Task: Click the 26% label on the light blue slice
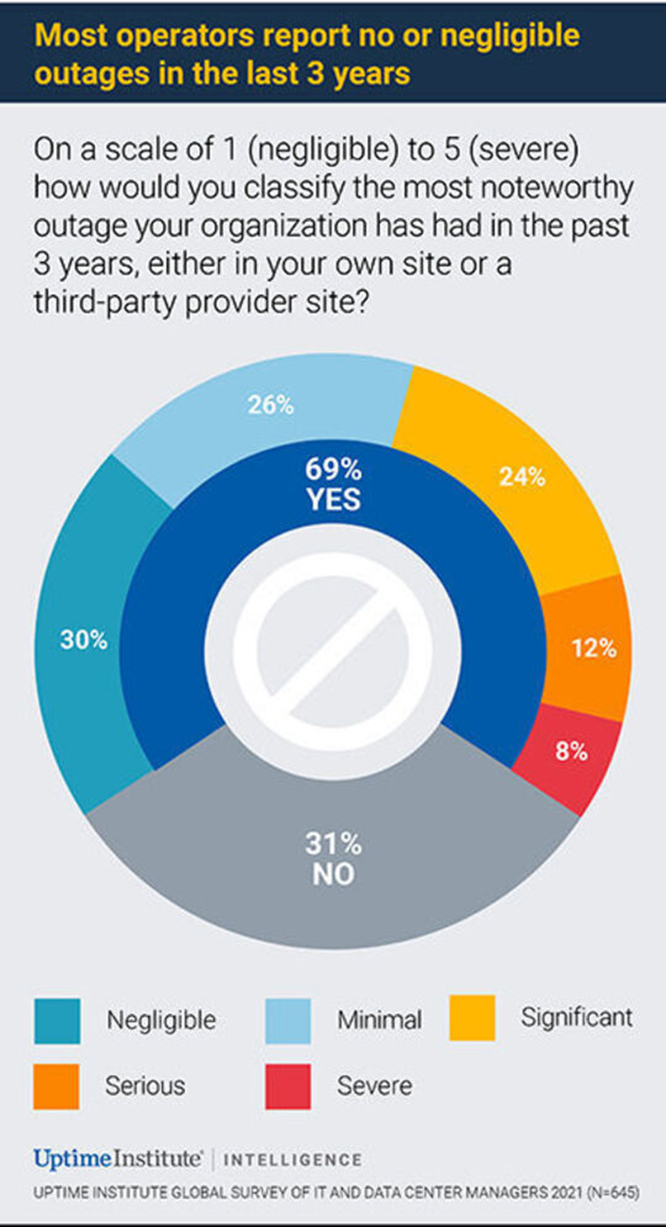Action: click(x=271, y=406)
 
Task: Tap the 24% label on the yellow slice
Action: click(x=522, y=477)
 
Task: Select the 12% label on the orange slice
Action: click(x=593, y=648)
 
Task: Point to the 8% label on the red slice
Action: click(x=571, y=752)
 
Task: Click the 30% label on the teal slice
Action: click(x=84, y=640)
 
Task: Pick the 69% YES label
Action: click(x=333, y=485)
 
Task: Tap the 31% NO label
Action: click(x=333, y=859)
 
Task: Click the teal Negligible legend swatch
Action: click(x=57, y=1021)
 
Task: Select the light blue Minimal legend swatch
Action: click(x=287, y=1021)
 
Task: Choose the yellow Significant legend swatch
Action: click(x=472, y=1018)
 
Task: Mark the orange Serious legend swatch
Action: click(x=57, y=1086)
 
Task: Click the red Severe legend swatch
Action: click(x=287, y=1086)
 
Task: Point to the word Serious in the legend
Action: click(x=145, y=1086)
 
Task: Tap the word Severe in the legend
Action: click(x=374, y=1086)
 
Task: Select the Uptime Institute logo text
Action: click(x=118, y=1159)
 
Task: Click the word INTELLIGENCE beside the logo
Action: click(x=293, y=1160)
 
